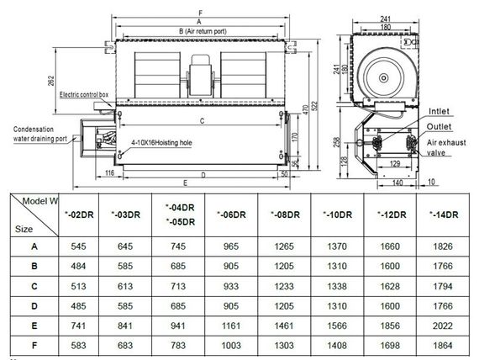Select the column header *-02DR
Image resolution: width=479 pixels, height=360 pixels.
coord(77,214)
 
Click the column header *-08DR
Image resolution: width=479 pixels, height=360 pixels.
coord(287,214)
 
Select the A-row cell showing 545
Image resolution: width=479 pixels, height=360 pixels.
coord(77,246)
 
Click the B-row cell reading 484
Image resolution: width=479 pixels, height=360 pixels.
coord(77,266)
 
